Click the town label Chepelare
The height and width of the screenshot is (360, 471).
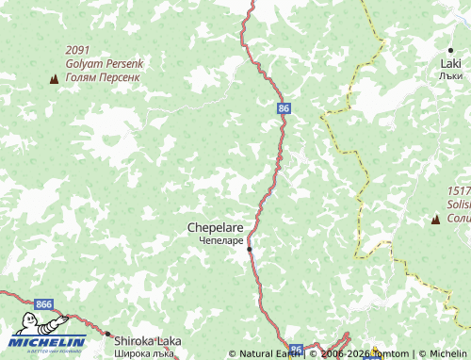pyautogui.click(x=216, y=227)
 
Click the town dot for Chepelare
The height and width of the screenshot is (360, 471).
pyautogui.click(x=250, y=249)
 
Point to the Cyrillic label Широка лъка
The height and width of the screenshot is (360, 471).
pyautogui.click(x=143, y=354)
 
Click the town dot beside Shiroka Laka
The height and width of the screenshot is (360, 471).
pyautogui.click(x=107, y=335)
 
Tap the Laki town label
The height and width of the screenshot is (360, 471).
pyautogui.click(x=450, y=63)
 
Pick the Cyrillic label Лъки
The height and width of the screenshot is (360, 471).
pyautogui.click(x=450, y=74)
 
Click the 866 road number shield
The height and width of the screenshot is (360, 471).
pyautogui.click(x=43, y=304)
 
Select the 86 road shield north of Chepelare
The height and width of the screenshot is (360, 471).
pyautogui.click(x=284, y=108)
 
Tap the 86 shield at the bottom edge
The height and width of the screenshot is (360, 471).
pyautogui.click(x=297, y=350)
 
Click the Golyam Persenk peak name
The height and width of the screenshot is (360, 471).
pyautogui.click(x=102, y=63)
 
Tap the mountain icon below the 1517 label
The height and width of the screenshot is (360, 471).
pyautogui.click(x=435, y=220)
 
